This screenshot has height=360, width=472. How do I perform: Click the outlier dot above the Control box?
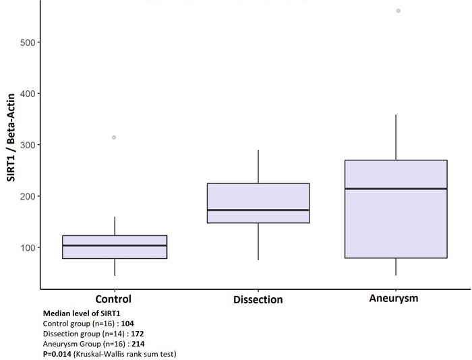point(114,138)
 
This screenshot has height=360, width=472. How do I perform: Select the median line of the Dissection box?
point(258,210)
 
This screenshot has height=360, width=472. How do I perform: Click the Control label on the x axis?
point(113,299)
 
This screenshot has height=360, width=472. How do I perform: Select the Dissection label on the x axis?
point(258,299)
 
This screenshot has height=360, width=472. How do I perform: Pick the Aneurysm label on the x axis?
point(394,299)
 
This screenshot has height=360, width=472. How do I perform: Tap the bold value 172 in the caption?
point(138,334)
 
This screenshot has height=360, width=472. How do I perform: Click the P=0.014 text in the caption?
point(58,354)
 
